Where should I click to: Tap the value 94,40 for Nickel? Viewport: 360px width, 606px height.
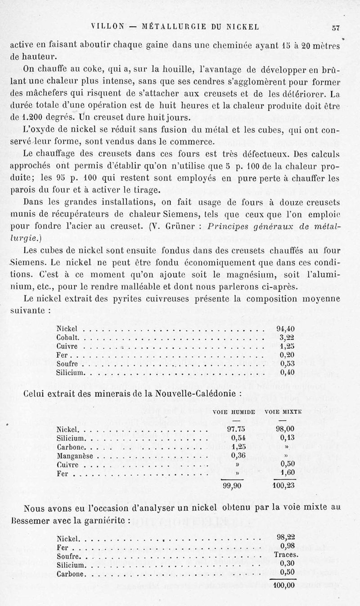tap(288, 328)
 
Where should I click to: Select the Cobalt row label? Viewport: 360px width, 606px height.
tap(68, 337)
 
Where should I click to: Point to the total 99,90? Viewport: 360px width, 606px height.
tap(233, 485)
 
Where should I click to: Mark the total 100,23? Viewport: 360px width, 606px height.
tap(283, 486)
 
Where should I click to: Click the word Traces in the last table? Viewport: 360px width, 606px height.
tap(285, 555)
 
